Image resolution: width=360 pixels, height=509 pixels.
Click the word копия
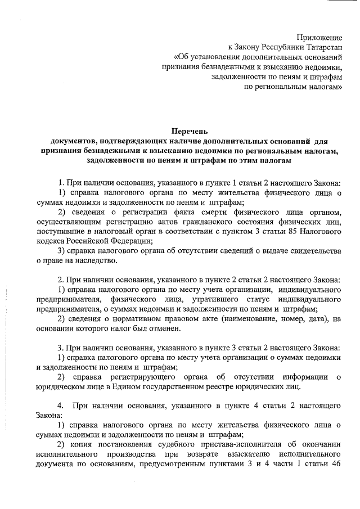click(x=82, y=444)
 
